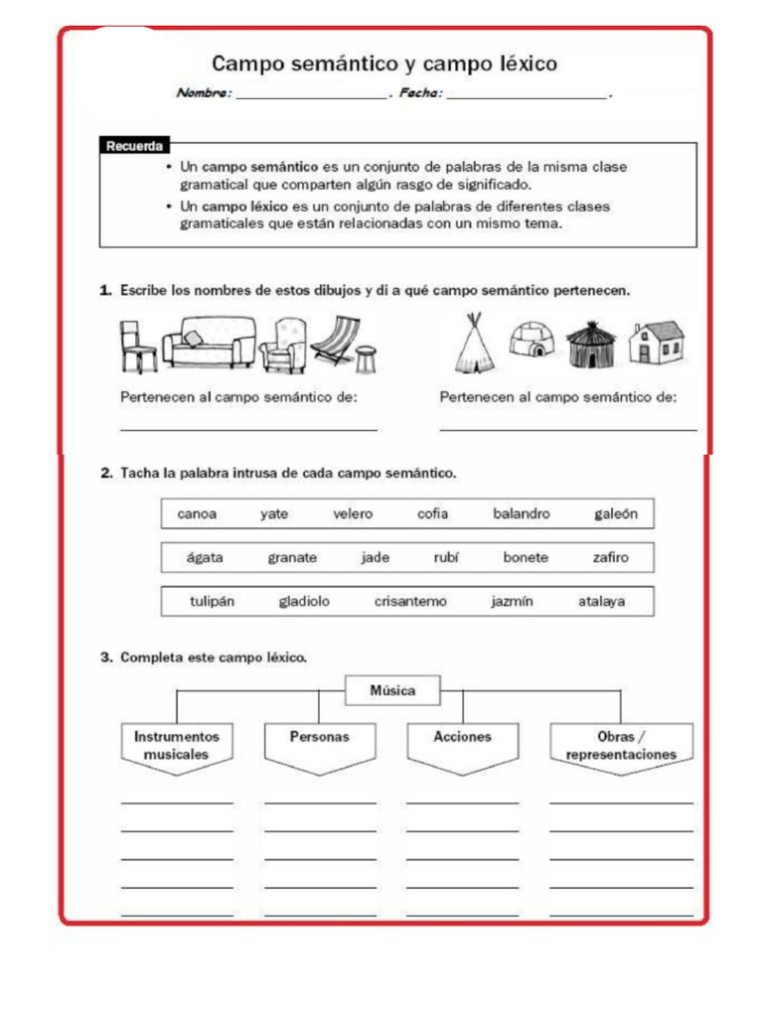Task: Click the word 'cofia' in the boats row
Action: [x=432, y=513]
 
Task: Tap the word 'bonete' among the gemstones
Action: [x=526, y=557]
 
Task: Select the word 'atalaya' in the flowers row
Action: [x=602, y=601]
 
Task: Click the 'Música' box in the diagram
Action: [x=392, y=689]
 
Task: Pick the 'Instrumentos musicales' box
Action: [x=176, y=746]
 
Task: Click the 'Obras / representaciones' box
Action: [x=621, y=746]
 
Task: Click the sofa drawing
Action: [x=209, y=343]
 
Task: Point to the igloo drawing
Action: [x=532, y=341]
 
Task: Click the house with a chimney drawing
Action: [x=656, y=342]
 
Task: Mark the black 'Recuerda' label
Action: [x=133, y=146]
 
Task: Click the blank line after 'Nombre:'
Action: [x=310, y=96]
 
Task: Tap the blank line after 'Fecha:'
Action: [x=527, y=96]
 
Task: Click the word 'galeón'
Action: [x=616, y=513]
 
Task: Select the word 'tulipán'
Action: [x=213, y=601]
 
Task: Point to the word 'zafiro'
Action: [x=611, y=557]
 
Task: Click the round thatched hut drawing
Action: [x=591, y=344]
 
